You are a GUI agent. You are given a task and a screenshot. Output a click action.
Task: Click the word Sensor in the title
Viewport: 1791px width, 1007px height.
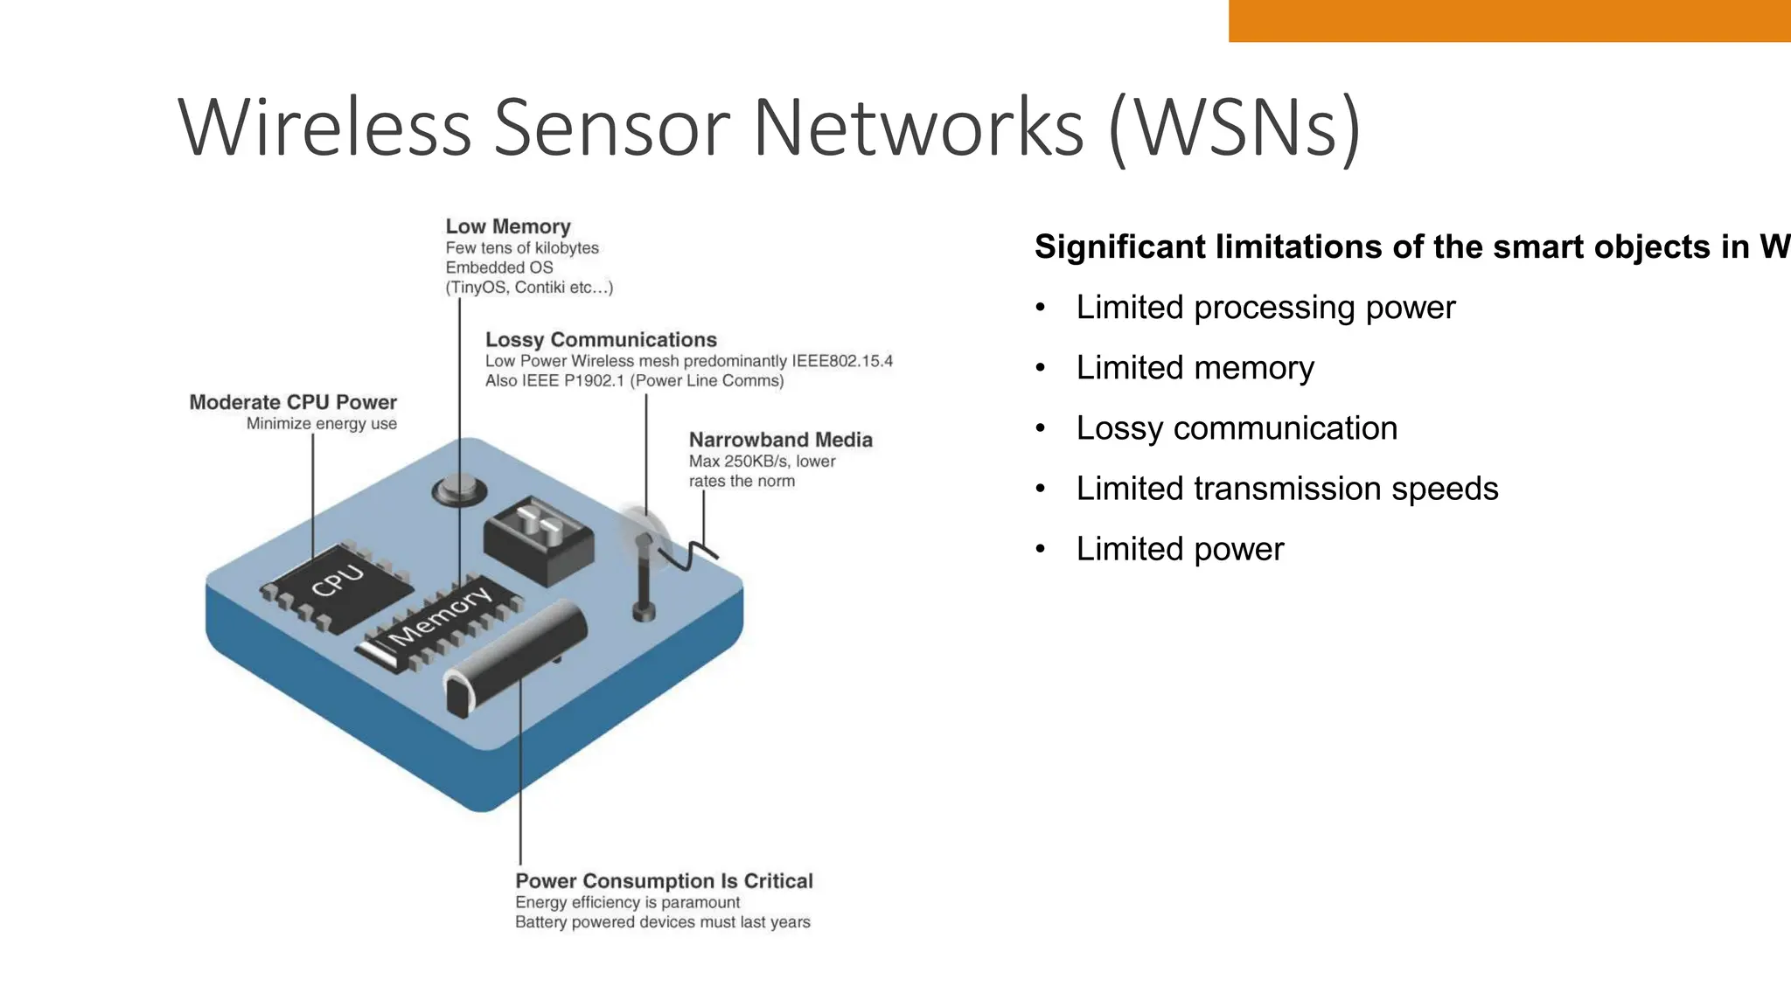coord(611,128)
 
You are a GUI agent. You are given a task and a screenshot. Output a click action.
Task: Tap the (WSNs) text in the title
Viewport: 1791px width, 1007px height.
coord(1234,128)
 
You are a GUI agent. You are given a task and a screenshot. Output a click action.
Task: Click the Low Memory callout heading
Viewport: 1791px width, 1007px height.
coord(507,226)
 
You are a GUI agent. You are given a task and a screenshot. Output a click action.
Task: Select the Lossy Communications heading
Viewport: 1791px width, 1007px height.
coord(601,339)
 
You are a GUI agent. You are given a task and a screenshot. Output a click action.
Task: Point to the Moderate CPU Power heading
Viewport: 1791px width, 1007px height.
coord(293,402)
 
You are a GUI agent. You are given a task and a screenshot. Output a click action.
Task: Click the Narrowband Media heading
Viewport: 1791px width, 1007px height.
coord(780,440)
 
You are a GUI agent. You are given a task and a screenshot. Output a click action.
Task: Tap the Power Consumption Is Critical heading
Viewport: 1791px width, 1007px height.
coord(664,880)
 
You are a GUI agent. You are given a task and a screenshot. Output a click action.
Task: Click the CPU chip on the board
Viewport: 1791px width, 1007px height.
coord(337,584)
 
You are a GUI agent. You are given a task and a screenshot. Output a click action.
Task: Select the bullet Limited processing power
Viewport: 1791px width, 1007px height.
coord(1265,308)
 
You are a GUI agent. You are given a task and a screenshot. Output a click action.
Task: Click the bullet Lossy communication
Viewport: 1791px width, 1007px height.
coord(1236,428)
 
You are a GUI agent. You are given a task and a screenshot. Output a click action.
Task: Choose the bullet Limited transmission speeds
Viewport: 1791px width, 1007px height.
coord(1286,489)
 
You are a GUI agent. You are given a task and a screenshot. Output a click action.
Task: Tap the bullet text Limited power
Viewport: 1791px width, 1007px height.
coord(1179,549)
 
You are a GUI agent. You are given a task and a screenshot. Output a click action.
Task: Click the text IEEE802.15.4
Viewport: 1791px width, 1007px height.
coord(841,361)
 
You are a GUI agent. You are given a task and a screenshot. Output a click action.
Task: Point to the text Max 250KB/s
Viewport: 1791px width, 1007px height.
coord(740,461)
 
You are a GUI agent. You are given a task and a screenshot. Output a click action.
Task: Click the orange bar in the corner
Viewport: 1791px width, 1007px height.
coord(1509,20)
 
